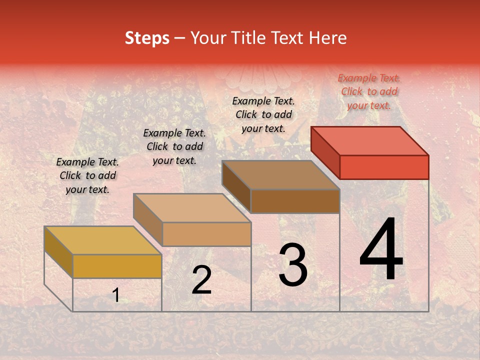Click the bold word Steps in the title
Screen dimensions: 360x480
pyautogui.click(x=147, y=38)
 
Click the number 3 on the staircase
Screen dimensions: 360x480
pyautogui.click(x=293, y=265)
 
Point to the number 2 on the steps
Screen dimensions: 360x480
pyautogui.click(x=201, y=280)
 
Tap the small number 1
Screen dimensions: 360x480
pyautogui.click(x=116, y=295)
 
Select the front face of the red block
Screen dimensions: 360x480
pyautogui.click(x=384, y=167)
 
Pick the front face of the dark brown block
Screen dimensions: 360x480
pyautogui.click(x=295, y=201)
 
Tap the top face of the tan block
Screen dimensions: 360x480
pyautogui.click(x=192, y=207)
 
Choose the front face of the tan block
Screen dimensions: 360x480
pyautogui.click(x=206, y=234)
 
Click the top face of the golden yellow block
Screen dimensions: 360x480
pyautogui.click(x=103, y=240)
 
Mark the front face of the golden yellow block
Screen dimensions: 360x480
pyautogui.click(x=117, y=266)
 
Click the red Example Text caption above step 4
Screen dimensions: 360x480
pyautogui.click(x=369, y=91)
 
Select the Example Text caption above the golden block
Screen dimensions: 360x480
pyautogui.click(x=87, y=175)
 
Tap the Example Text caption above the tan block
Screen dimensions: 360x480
pyautogui.click(x=174, y=146)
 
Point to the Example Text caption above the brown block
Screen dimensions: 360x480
pyautogui.click(x=263, y=114)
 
